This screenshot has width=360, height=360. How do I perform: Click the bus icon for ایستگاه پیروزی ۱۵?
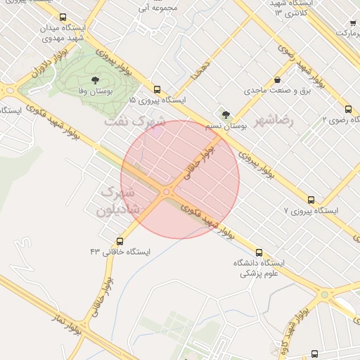click(x=157, y=89)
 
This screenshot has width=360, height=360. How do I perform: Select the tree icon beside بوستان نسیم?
click(x=226, y=115)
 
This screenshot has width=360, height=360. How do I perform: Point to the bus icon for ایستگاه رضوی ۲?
click(x=349, y=109)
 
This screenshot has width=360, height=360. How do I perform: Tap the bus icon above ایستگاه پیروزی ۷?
click(x=311, y=200)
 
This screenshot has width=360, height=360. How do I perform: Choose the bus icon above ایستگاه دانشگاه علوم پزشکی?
click(x=259, y=252)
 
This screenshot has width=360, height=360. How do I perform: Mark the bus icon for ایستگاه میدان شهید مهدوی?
click(x=63, y=18)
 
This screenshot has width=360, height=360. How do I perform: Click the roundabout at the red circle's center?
click(x=167, y=191)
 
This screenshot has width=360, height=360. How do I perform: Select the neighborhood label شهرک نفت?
click(x=135, y=121)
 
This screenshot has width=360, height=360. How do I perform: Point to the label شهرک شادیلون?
click(x=119, y=200)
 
